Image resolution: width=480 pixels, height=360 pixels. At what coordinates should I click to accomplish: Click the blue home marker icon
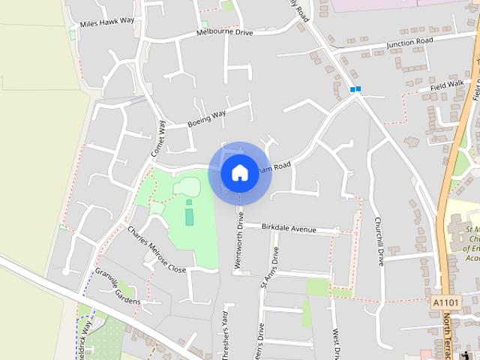pos(239,172)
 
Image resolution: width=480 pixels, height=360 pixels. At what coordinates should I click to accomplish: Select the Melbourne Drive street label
pos(226,33)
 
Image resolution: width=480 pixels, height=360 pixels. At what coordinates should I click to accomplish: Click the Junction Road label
pos(410,43)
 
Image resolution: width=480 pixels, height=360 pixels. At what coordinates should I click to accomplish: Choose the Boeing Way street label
pos(207,118)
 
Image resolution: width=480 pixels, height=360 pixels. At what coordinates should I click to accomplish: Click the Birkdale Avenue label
pos(289,228)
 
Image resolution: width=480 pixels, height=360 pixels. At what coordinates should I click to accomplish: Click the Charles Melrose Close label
pos(156,249)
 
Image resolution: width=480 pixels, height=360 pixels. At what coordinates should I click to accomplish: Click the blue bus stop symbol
pos(355,90)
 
